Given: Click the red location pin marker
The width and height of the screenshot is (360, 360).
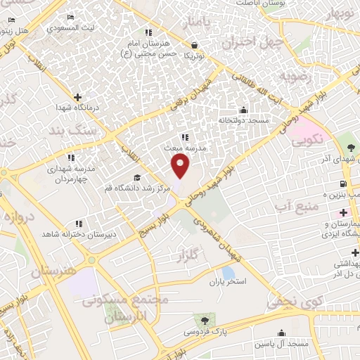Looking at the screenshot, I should pos(181,166).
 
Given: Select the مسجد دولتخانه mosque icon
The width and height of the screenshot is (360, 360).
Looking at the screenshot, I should pos(243,110).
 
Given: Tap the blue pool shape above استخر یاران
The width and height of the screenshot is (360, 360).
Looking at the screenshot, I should pos(228,272).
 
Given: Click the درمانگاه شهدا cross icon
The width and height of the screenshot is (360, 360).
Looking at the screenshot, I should pos(77,97).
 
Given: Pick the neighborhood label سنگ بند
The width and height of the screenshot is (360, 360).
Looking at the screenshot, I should pos(70,132).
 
